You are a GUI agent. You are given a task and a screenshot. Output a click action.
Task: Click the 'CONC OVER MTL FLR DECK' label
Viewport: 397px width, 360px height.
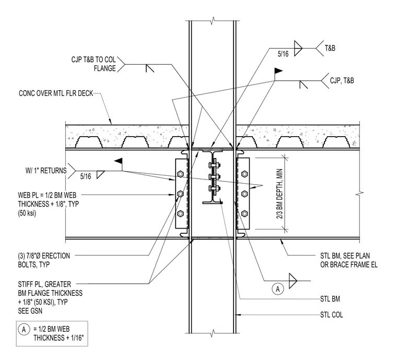[x=56, y=93]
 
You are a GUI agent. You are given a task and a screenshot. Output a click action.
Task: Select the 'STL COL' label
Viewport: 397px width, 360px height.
[x=331, y=315]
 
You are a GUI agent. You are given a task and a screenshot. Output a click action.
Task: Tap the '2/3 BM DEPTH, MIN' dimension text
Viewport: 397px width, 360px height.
[x=280, y=194]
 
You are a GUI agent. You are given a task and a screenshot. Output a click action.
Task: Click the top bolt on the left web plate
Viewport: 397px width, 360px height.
[x=180, y=174]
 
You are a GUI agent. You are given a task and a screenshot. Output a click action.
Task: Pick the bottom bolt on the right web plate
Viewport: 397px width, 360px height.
[x=244, y=213]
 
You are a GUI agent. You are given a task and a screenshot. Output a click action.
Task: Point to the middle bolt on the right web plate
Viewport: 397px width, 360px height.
[x=244, y=194]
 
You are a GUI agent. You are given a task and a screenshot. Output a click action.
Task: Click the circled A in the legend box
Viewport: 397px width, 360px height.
[x=24, y=329]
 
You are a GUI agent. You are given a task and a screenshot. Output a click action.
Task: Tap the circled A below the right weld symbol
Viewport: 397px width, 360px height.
[x=278, y=289]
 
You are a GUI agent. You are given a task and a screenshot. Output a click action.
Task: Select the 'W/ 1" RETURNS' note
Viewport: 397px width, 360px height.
[x=46, y=171]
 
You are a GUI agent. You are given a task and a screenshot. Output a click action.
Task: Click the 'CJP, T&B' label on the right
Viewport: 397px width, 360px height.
[x=342, y=81]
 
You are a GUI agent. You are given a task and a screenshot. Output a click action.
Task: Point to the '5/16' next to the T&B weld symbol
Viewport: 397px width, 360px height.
[x=283, y=54]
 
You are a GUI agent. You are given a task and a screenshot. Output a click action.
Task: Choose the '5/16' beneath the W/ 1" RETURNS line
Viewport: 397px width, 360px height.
[x=86, y=176]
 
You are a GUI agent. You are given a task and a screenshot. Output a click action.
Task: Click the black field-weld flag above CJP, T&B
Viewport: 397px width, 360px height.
[x=278, y=71]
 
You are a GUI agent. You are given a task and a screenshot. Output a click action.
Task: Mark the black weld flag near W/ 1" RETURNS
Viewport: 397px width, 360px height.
[x=118, y=161]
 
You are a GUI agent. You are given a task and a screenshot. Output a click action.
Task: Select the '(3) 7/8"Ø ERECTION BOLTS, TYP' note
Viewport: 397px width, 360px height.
[x=44, y=260]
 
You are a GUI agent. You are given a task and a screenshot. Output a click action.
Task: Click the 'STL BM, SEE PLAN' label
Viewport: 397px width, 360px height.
[x=345, y=256]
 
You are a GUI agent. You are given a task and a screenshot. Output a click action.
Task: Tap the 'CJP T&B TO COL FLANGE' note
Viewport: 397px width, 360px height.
[x=94, y=64]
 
